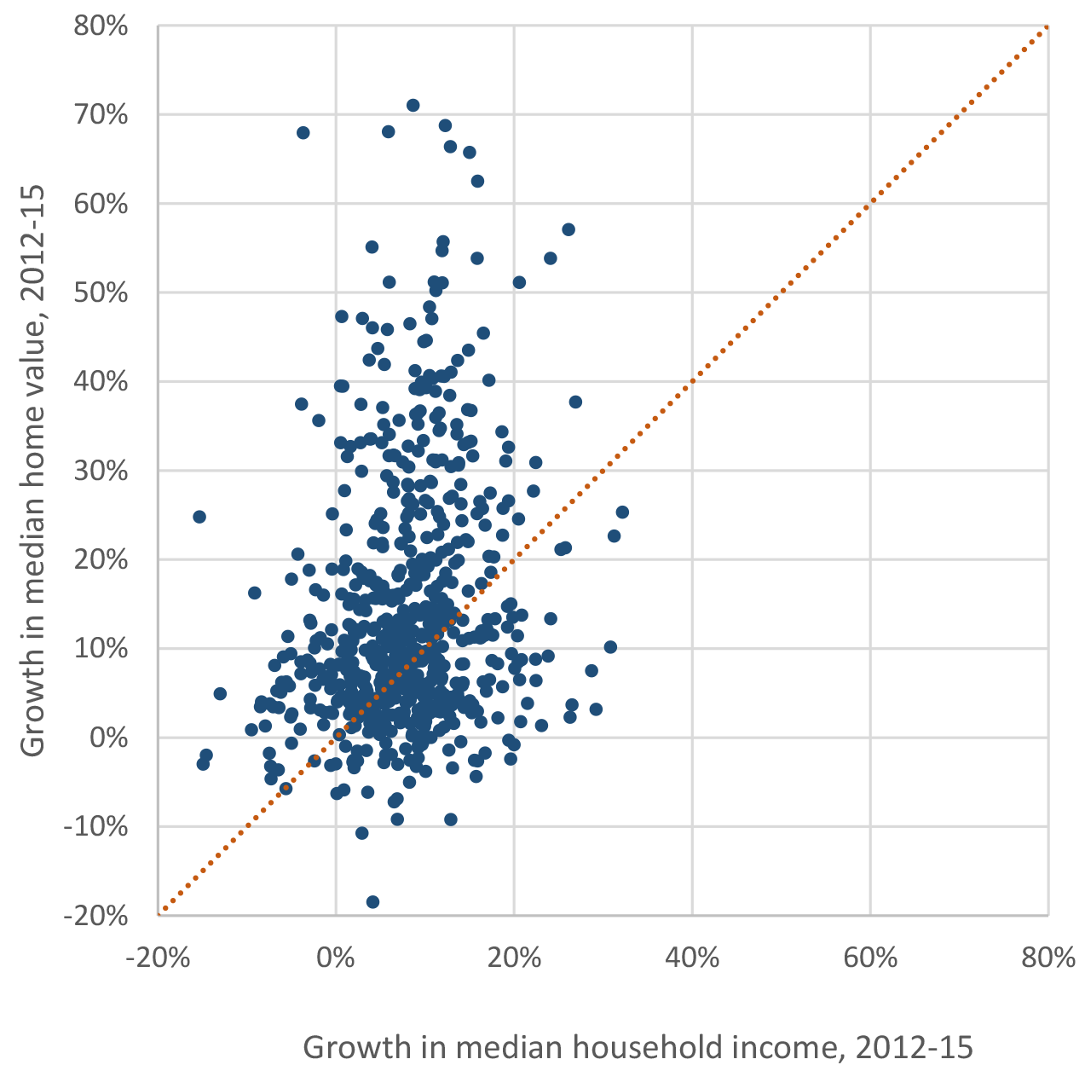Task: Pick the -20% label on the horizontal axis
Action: [157, 958]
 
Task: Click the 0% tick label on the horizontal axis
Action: [336, 958]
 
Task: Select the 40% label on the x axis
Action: [692, 958]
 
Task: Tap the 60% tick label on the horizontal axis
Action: [870, 958]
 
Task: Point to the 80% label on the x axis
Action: [1047, 958]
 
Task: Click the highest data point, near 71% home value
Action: [413, 106]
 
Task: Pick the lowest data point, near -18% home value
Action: [372, 902]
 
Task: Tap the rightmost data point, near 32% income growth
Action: [622, 512]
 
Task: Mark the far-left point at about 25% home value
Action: [199, 517]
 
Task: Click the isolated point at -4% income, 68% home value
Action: [303, 133]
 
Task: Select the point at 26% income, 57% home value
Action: [568, 229]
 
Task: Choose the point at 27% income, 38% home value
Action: [575, 402]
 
